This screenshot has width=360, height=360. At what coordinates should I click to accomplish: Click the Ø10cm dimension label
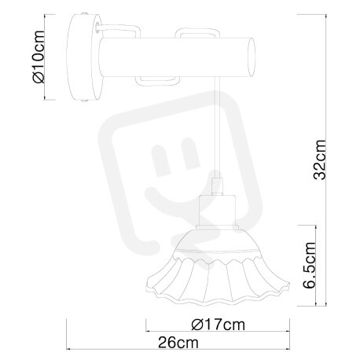point(39,57)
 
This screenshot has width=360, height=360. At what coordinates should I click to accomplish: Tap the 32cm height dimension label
point(320,160)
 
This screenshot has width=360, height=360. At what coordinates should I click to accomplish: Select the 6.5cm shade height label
point(310,265)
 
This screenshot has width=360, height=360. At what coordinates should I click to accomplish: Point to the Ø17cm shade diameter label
point(218,325)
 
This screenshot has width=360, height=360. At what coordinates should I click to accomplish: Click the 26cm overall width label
point(178,343)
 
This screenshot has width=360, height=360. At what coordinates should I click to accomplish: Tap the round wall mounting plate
point(84,57)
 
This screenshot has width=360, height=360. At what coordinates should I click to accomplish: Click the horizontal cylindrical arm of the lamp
point(177,57)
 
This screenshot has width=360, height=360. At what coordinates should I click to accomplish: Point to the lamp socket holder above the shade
point(217,212)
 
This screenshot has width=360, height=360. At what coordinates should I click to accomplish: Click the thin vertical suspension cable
point(217,127)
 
